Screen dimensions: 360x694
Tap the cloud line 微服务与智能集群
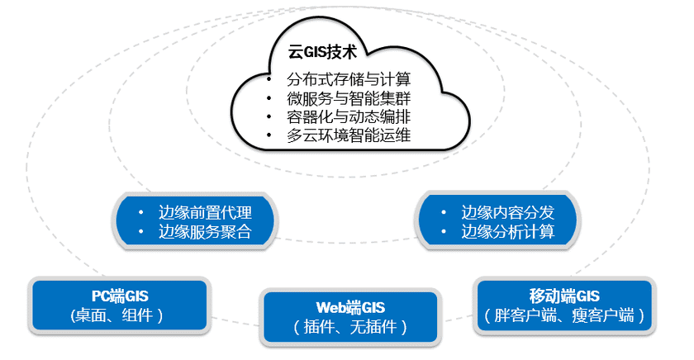point(349,99)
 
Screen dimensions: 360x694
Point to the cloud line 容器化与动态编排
point(349,117)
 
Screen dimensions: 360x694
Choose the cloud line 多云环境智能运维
point(349,135)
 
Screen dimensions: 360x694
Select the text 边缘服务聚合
point(205,231)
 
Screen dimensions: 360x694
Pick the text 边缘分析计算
point(508,231)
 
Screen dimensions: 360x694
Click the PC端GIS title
point(120,296)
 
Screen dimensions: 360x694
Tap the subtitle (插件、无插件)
point(349,327)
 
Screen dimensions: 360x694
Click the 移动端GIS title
point(564,296)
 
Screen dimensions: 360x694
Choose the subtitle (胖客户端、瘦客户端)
point(564,315)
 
